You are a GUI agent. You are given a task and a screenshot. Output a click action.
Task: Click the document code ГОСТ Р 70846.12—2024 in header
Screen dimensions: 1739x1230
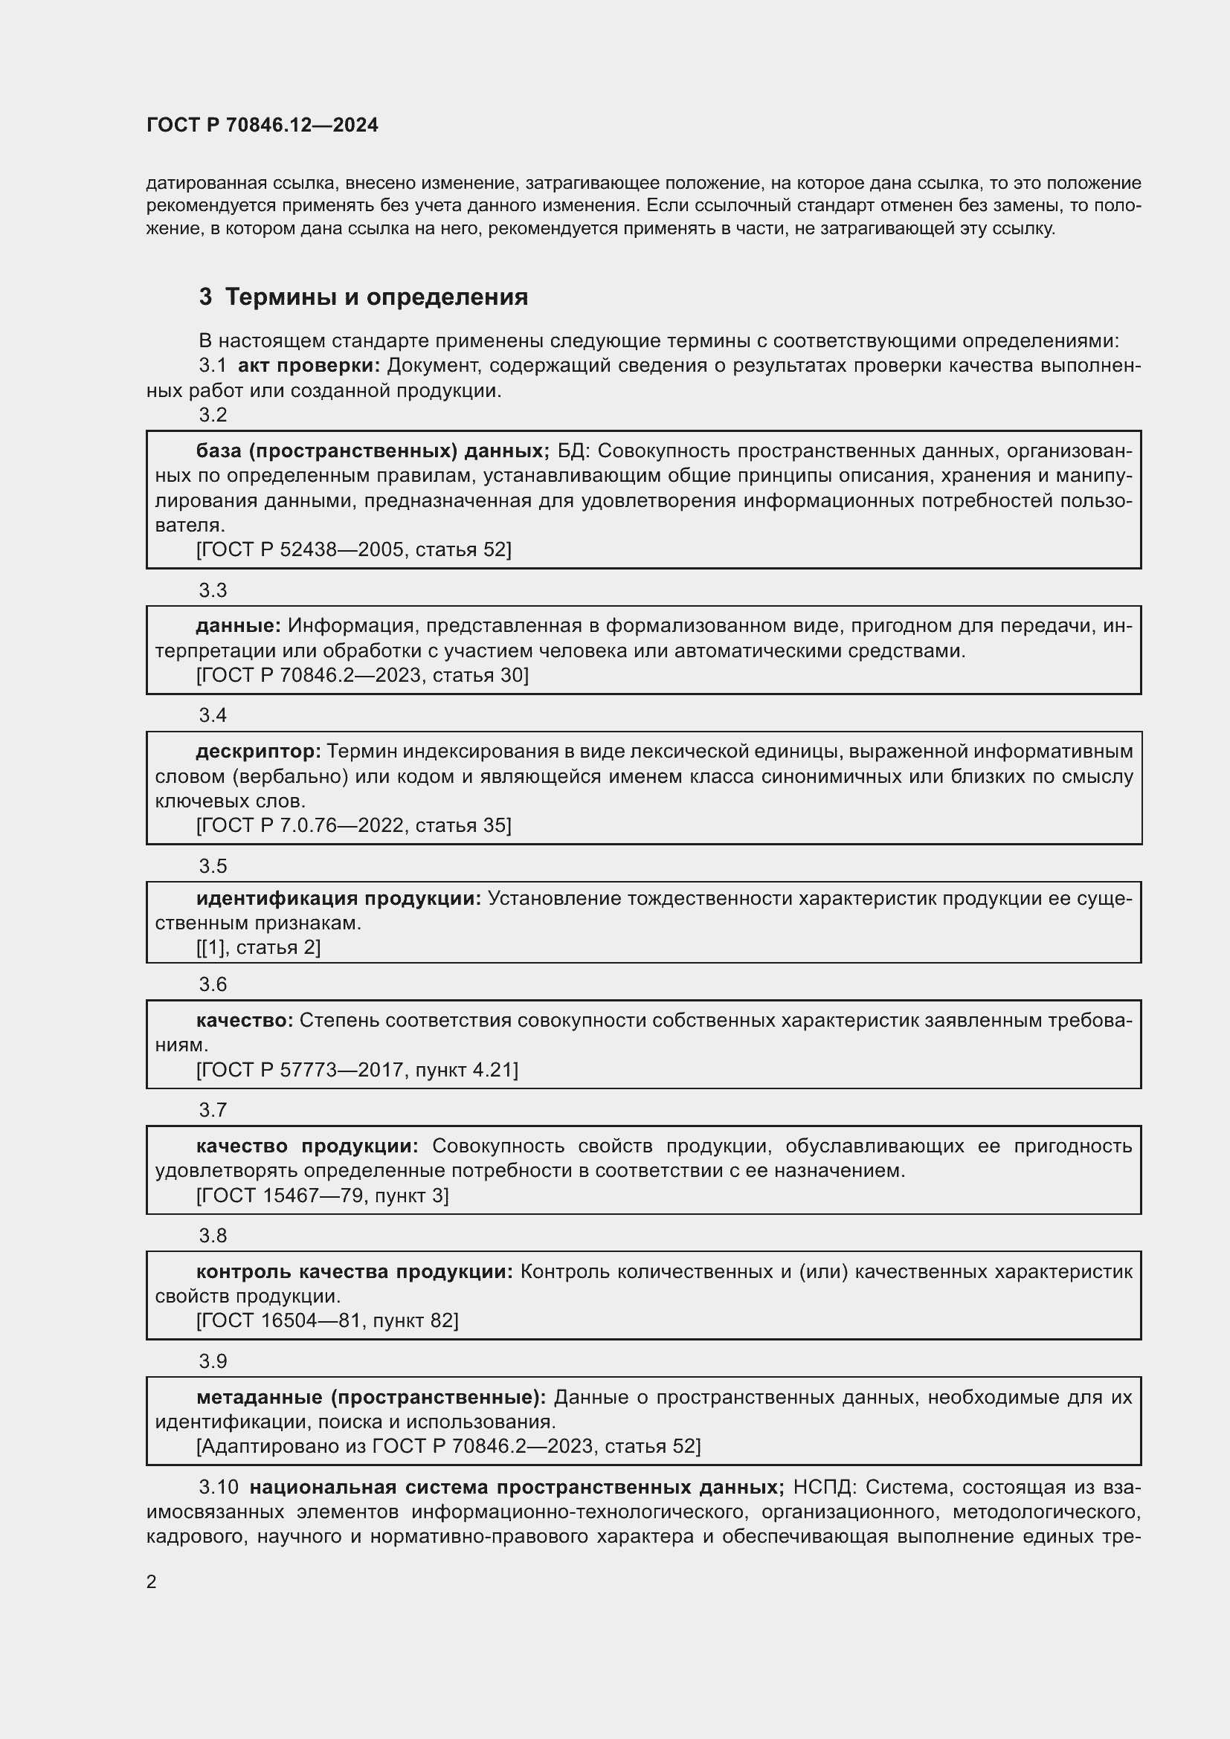coord(262,125)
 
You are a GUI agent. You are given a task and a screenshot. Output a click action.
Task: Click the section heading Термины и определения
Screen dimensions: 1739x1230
coord(376,297)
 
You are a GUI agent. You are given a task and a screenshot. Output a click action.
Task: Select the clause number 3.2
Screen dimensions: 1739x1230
coord(213,415)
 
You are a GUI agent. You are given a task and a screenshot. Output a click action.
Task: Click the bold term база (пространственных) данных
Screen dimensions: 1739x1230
coord(373,451)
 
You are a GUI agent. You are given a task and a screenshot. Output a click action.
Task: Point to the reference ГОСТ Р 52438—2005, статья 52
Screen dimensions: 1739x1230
coord(354,550)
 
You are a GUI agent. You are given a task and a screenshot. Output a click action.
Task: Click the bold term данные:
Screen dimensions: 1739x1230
coord(239,626)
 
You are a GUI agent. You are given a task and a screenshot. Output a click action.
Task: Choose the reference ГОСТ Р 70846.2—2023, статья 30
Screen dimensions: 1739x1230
coord(362,676)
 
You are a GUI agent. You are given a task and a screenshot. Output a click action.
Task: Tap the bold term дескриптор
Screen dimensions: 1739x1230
coord(258,752)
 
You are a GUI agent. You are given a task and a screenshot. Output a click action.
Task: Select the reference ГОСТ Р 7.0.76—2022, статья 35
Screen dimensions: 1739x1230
coord(354,825)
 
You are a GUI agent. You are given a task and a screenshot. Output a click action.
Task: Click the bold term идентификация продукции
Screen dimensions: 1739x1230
coord(338,899)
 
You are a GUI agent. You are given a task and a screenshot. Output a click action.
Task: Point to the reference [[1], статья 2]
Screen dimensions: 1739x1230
coord(258,947)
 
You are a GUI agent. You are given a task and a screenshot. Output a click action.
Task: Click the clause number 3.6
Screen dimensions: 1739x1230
coord(213,984)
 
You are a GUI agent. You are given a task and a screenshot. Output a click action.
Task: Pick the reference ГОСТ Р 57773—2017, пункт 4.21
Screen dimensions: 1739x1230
coord(357,1070)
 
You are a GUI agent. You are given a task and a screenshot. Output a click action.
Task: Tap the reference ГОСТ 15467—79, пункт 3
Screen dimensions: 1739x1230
coord(322,1196)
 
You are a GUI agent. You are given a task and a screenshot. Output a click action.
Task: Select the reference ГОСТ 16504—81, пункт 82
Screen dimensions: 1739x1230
coord(327,1321)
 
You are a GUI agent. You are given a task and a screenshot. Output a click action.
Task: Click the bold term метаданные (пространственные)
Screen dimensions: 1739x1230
coord(371,1398)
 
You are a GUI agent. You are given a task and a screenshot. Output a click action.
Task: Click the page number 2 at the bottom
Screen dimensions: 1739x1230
coord(152,1582)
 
